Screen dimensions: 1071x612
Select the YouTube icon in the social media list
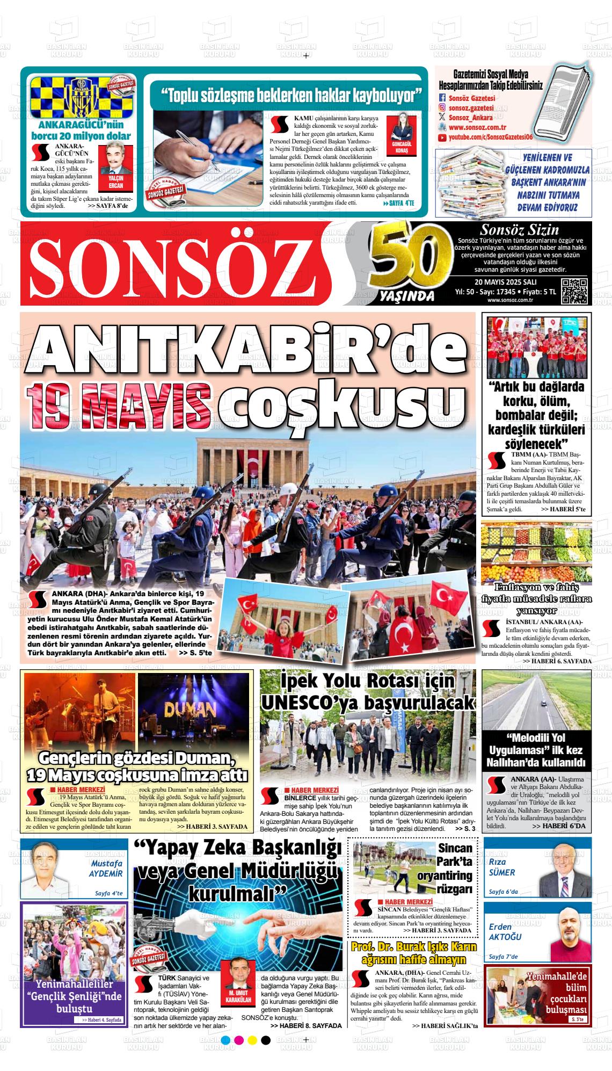tap(442, 138)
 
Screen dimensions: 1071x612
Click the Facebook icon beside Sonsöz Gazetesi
tap(442, 98)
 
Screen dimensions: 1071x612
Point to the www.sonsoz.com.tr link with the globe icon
tap(478, 128)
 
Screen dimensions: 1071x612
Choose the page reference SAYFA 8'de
tap(110, 206)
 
